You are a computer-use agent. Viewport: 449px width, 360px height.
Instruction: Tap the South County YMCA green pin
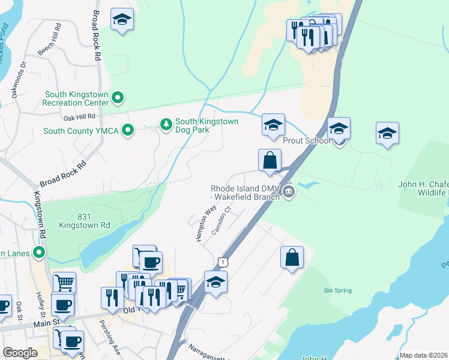127,130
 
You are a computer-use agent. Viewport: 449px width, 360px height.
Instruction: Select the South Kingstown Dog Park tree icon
166,124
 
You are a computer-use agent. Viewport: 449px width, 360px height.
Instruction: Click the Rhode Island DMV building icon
289,192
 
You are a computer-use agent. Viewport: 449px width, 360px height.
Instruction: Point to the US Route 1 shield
223,263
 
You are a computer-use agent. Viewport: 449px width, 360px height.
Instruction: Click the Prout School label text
307,140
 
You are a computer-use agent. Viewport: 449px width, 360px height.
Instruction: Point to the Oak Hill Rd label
79,116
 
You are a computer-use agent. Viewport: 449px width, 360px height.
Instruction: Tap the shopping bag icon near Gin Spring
292,257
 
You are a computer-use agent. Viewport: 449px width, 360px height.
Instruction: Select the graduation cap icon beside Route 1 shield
215,281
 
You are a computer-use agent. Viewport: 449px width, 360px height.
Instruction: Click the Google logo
20,353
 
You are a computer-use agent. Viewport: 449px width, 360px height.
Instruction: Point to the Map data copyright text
424,355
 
